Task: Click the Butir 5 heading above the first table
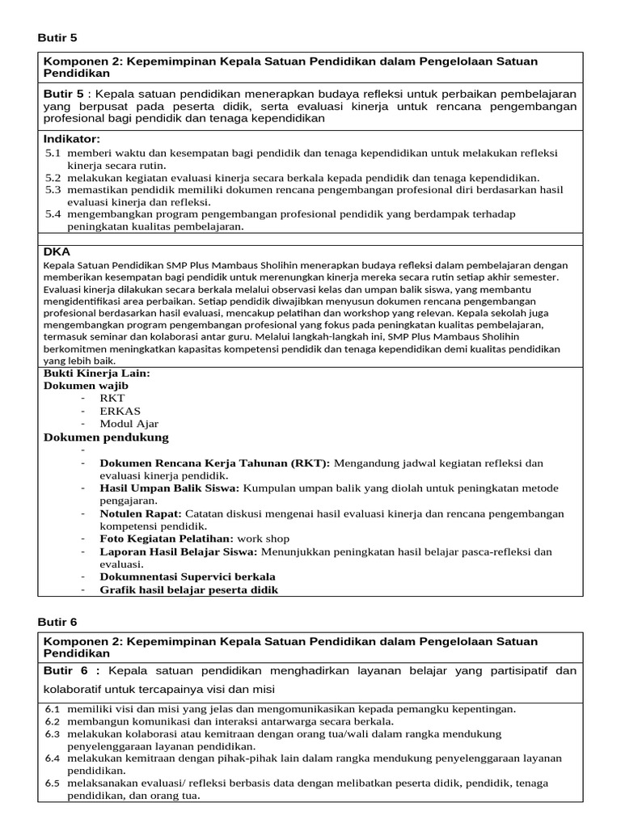tap(57, 38)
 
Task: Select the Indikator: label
tap(71, 139)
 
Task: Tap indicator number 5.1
tap(53, 153)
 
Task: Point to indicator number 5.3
tap(53, 189)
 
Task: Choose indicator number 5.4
tap(53, 214)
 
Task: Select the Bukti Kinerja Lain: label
tap(96, 374)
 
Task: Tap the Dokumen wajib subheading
tap(85, 386)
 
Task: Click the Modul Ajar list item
tap(129, 424)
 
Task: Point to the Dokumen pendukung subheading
tap(105, 437)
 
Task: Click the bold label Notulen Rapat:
tap(141, 513)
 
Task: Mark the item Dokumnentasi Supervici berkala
tap(187, 577)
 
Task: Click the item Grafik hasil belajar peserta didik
tap(188, 589)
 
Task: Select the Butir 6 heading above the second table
tap(57, 621)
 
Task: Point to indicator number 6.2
tap(52, 721)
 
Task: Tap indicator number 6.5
tap(52, 784)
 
